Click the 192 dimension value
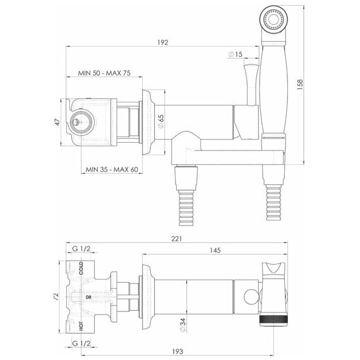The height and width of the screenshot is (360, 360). tap(163, 42)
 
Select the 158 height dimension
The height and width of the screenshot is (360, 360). tap(300, 84)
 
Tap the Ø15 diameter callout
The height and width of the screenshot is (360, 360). tap(236, 54)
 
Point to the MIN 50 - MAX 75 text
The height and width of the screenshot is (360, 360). tap(104, 73)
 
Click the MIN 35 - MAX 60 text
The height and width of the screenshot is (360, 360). tap(112, 169)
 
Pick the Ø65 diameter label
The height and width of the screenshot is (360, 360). tap(161, 121)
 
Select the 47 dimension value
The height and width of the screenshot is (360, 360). tap(57, 122)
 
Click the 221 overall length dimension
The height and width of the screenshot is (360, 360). tap(177, 239)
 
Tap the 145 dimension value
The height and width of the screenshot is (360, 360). tap(215, 250)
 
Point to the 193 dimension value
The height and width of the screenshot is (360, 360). tap(177, 351)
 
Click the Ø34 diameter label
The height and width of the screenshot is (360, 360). tap(183, 325)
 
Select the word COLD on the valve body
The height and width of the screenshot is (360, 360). tap(81, 268)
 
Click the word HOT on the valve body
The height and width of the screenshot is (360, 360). tap(81, 326)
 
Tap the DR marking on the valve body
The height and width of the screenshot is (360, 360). tap(88, 297)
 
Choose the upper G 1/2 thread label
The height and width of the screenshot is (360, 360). tap(81, 249)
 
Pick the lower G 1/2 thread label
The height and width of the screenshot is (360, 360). tap(81, 344)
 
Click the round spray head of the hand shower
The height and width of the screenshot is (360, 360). tap(273, 20)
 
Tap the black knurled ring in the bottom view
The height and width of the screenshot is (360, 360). tap(273, 321)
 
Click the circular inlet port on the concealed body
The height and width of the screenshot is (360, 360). tap(81, 121)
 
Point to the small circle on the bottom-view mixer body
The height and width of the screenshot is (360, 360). tap(251, 297)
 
